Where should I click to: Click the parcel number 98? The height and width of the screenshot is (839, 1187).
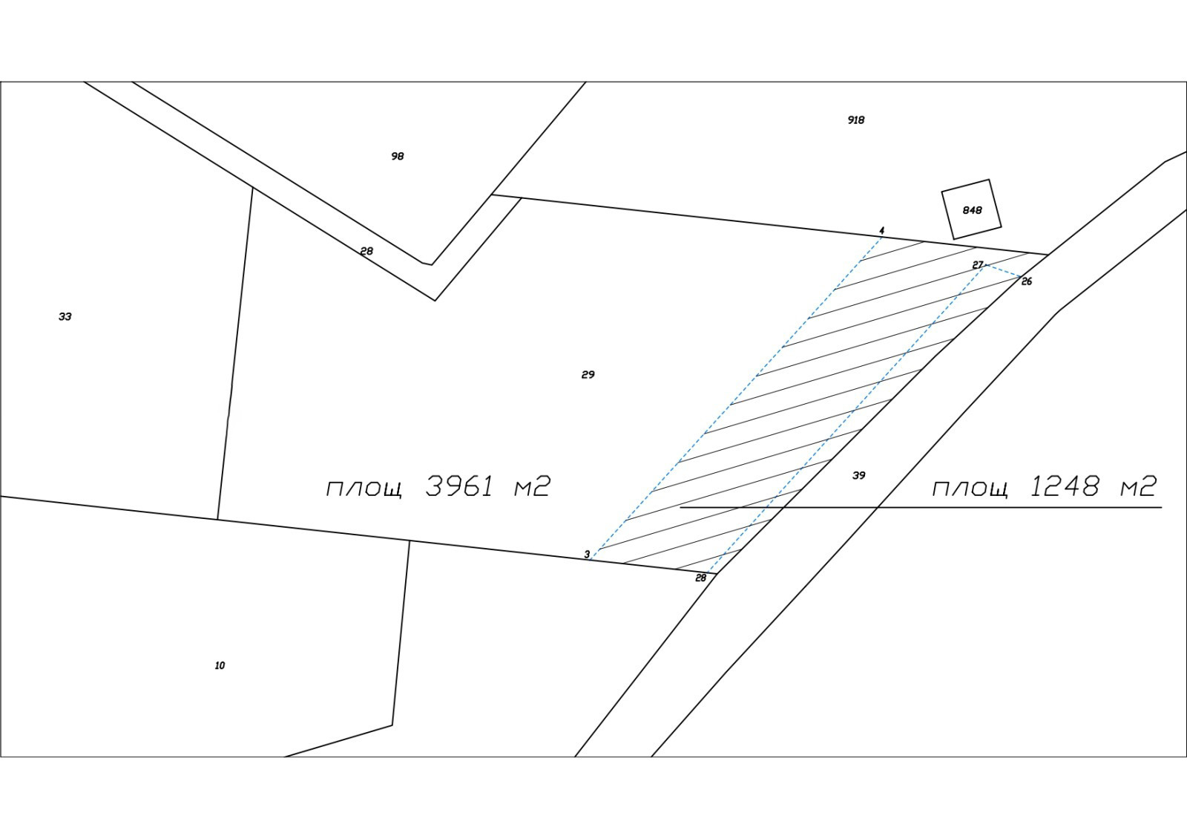pyautogui.click(x=398, y=156)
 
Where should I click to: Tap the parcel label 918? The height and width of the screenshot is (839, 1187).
pyautogui.click(x=856, y=120)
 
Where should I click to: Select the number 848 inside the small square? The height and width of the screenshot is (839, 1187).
pyautogui.click(x=972, y=210)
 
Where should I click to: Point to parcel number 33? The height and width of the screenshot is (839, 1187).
pyautogui.click(x=65, y=316)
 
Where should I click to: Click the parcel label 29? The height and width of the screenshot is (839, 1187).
pyautogui.click(x=588, y=374)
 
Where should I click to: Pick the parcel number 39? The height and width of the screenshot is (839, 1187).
pyautogui.click(x=858, y=475)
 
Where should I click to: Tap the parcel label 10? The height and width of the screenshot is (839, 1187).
pyautogui.click(x=220, y=665)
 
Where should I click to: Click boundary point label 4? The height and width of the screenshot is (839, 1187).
pyautogui.click(x=881, y=231)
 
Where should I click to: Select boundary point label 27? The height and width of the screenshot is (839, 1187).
pyautogui.click(x=977, y=265)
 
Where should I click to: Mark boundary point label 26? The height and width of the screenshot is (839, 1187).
pyautogui.click(x=1027, y=281)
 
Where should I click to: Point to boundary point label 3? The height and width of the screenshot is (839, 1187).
pyautogui.click(x=587, y=554)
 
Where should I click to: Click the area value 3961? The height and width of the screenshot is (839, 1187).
pyautogui.click(x=460, y=486)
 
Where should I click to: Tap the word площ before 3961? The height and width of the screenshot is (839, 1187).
pyautogui.click(x=364, y=489)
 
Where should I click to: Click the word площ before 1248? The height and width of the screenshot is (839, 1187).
pyautogui.click(x=970, y=489)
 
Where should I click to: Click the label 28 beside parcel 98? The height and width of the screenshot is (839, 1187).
pyautogui.click(x=366, y=251)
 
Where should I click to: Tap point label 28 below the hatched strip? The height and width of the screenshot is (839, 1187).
pyautogui.click(x=700, y=578)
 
